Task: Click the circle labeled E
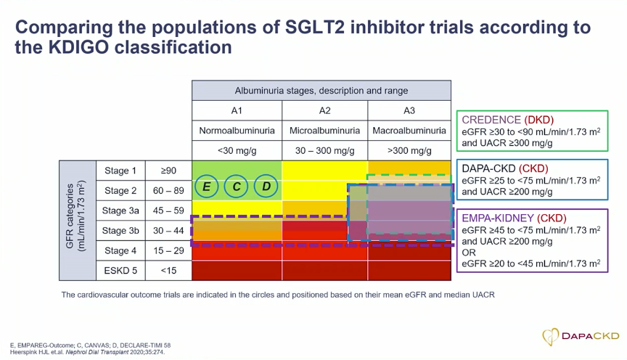206,187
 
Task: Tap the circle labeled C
237,187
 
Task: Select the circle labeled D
266,187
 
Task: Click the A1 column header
237,110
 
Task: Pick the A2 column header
324,110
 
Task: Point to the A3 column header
409,110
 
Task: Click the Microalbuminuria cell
324,131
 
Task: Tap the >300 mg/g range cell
409,151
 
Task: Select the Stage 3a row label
120,210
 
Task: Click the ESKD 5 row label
120,271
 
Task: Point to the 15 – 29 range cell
168,250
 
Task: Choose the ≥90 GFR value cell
168,171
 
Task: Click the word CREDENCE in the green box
491,120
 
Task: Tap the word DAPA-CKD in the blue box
488,169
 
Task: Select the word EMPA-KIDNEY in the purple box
497,218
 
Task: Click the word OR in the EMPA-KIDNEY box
469,253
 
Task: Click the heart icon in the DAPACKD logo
550,336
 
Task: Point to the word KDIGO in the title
78,47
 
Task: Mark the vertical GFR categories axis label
75,216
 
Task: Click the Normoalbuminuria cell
237,131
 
